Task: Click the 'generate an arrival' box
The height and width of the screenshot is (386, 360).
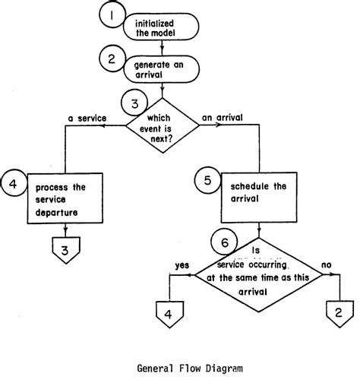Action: [x=161, y=71]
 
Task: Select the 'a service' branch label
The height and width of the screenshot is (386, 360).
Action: [x=87, y=119]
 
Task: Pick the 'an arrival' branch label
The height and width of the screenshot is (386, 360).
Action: [x=222, y=119]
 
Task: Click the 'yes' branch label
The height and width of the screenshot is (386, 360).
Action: [x=182, y=266]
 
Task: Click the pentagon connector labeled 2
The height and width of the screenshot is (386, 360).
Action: [x=337, y=312]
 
